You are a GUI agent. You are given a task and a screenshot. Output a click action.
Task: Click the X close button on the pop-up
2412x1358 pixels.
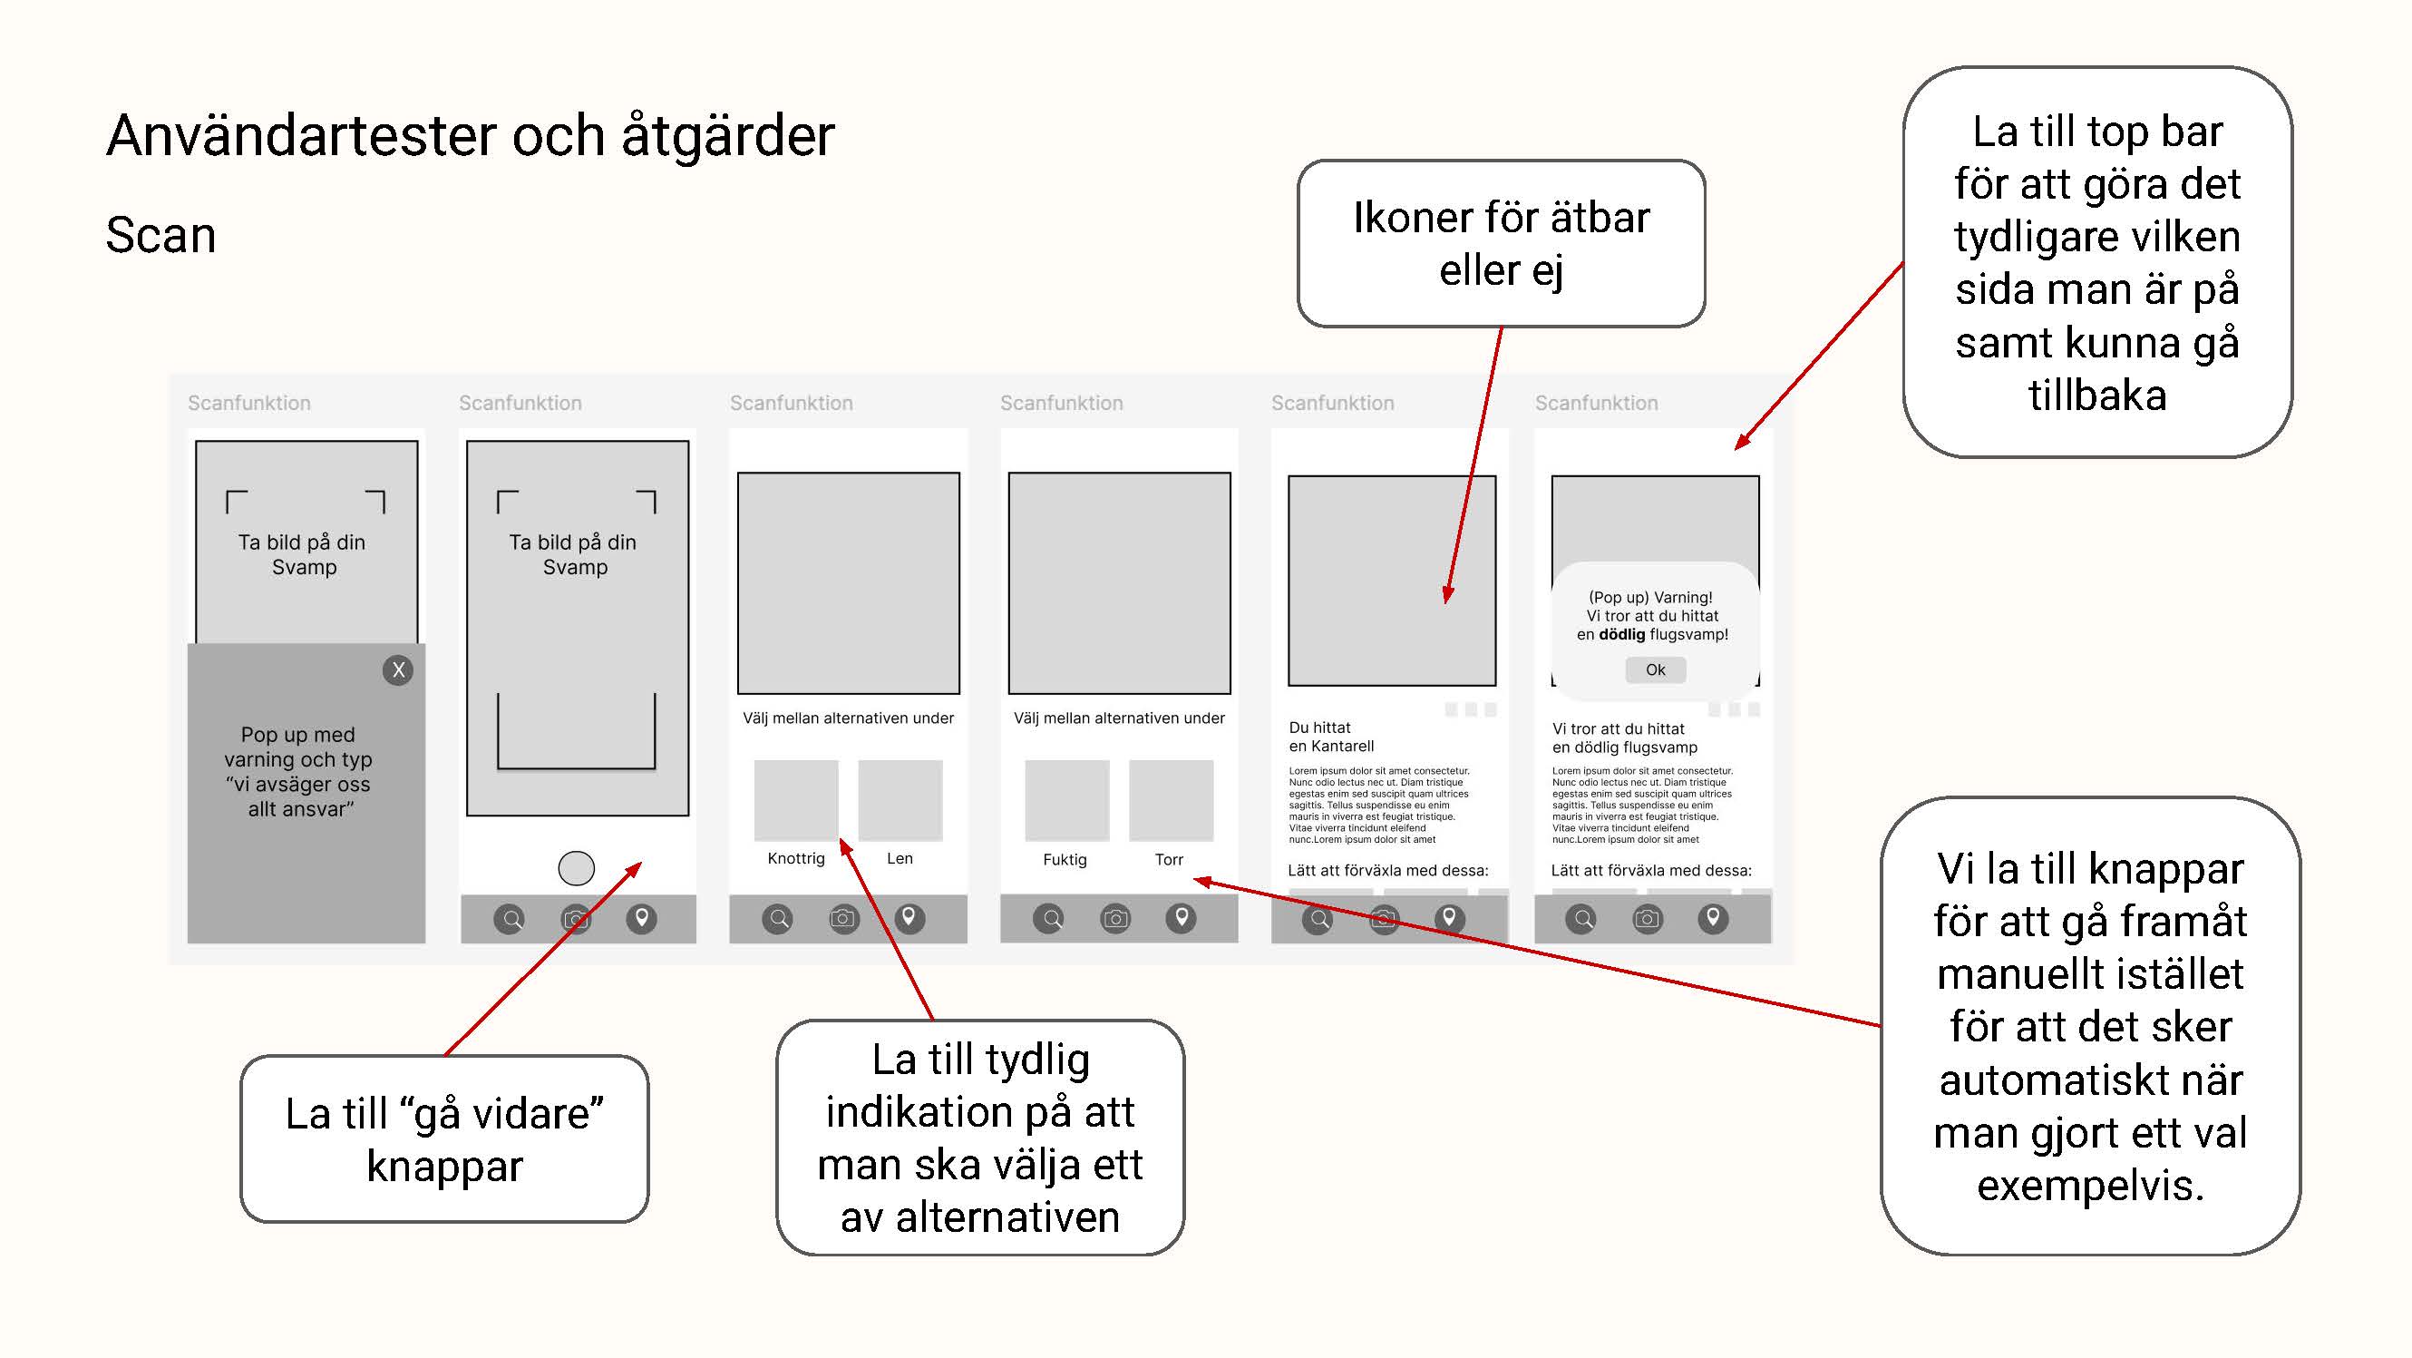(398, 669)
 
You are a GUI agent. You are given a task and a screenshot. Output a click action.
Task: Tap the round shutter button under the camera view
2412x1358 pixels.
(576, 868)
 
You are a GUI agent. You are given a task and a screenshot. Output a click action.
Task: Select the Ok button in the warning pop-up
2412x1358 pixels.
(1655, 669)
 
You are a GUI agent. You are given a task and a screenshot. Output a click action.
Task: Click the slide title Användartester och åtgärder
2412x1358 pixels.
(470, 136)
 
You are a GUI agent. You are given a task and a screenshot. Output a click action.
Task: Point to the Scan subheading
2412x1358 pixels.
(161, 235)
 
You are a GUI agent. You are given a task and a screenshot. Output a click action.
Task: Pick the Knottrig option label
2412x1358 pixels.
(796, 858)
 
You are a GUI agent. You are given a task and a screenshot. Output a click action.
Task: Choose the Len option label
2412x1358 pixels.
(899, 858)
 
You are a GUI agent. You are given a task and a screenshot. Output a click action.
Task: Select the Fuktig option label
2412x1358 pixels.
(1065, 859)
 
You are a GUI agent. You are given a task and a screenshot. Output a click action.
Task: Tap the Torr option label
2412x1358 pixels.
(1169, 859)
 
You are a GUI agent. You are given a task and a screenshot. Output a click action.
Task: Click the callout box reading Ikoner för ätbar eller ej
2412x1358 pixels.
(1500, 243)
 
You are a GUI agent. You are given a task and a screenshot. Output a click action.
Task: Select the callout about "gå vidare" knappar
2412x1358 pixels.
(443, 1138)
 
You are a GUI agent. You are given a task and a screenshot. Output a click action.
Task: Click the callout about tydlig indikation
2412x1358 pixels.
(979, 1137)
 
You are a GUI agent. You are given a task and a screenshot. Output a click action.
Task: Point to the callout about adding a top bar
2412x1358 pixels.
(2096, 262)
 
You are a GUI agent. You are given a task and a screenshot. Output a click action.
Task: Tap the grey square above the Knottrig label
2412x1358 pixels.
(796, 800)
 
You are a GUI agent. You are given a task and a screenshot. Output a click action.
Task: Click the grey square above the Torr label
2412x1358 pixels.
(1171, 800)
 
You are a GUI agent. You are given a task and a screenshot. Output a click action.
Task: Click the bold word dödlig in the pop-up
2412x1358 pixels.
(1621, 634)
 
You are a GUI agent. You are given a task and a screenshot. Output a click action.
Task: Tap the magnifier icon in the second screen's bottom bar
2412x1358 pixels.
(511, 919)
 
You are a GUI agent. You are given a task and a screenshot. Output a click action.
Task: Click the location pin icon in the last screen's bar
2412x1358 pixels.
(1713, 918)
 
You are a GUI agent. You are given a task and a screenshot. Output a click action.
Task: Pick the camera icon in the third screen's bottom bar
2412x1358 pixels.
(843, 919)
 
